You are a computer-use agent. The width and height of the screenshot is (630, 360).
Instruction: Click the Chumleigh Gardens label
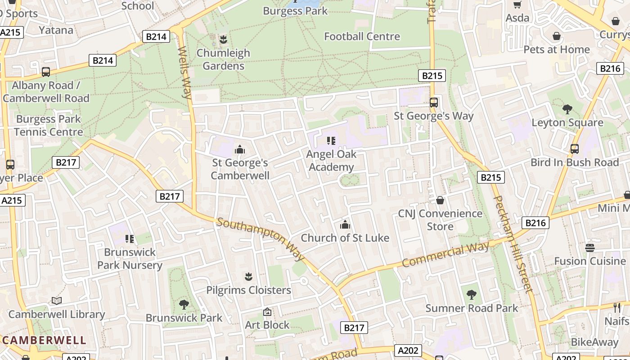(223, 59)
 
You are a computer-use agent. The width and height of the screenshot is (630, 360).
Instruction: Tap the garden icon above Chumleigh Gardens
(223, 40)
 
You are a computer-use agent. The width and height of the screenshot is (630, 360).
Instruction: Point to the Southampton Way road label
(261, 239)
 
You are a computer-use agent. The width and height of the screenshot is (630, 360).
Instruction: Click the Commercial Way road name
(445, 255)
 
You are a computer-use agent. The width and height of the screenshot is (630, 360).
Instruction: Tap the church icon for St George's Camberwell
(240, 149)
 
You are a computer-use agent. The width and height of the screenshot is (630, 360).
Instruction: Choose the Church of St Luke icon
(345, 225)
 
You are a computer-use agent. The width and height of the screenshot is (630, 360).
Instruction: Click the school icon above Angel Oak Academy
(332, 141)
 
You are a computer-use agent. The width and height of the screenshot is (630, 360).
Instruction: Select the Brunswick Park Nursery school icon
(130, 238)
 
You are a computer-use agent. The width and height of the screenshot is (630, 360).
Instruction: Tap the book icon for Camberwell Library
(57, 301)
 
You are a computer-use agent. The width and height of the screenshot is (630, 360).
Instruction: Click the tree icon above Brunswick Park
(184, 305)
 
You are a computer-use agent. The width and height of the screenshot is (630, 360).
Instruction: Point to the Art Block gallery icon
(267, 312)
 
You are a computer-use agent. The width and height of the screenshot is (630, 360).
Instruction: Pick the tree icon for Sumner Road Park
(472, 295)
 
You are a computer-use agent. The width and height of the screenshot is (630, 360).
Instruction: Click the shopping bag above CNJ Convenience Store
(440, 200)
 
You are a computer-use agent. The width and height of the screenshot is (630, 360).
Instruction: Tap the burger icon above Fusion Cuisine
(590, 247)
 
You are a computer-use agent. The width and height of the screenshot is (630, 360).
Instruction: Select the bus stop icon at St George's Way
(434, 103)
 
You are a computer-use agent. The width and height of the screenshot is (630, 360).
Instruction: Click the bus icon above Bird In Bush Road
(575, 149)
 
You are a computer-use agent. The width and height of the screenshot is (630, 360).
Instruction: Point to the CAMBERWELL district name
(44, 340)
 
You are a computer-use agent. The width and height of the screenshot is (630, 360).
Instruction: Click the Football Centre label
(362, 36)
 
